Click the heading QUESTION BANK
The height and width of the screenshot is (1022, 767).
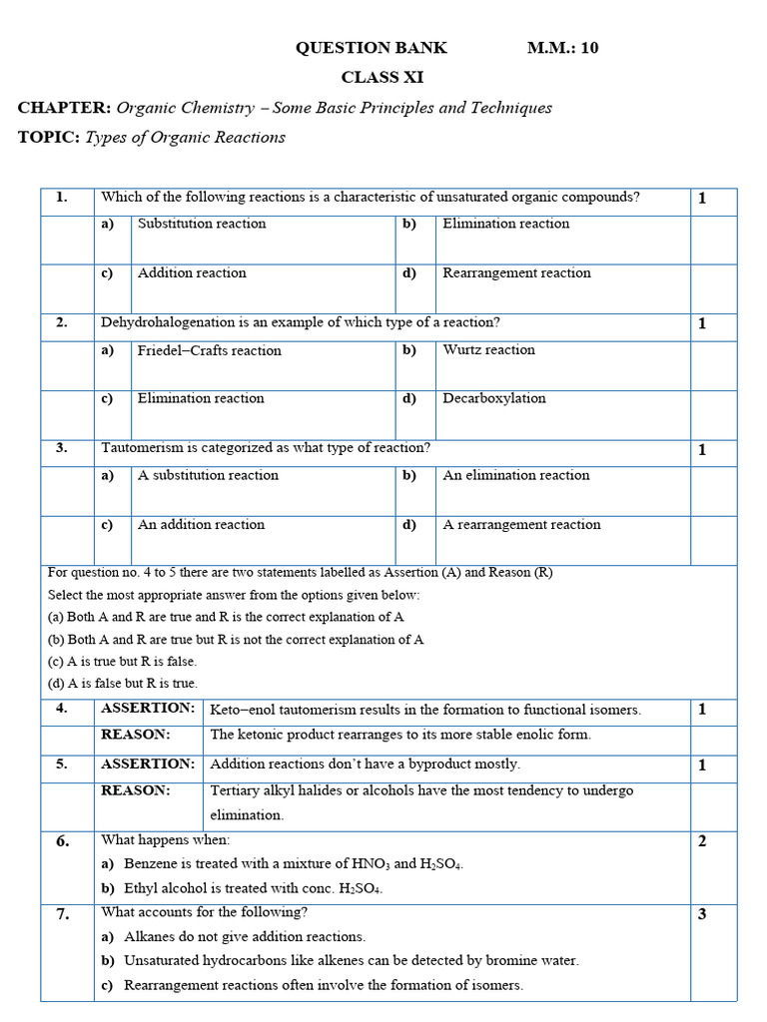pos(371,48)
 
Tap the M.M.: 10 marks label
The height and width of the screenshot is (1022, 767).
pos(563,48)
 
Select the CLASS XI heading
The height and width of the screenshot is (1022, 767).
pos(375,78)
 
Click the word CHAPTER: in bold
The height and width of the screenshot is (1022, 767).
pos(64,108)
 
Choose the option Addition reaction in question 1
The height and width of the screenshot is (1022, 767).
pos(192,273)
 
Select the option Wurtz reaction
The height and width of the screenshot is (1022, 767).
pos(488,350)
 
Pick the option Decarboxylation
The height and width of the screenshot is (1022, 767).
pos(493,398)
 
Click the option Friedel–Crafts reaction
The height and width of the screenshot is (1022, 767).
pos(209,350)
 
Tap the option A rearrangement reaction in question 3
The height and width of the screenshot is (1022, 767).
pos(521,525)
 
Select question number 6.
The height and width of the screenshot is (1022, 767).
pos(63,841)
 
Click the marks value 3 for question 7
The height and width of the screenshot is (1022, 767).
pos(702,914)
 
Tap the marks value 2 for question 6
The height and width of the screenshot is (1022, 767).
pos(702,841)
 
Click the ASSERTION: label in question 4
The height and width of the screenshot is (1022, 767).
pos(148,709)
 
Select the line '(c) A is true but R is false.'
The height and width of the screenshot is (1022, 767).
pos(122,662)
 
